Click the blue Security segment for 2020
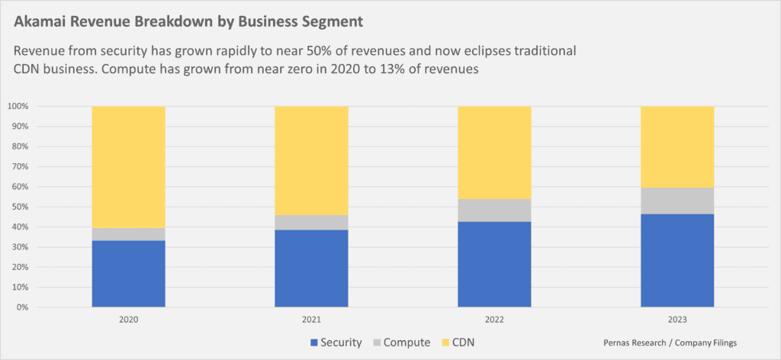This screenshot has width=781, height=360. coord(128,274)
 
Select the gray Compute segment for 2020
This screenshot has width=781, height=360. coord(128,234)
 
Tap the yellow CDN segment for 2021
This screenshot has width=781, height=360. coord(311,160)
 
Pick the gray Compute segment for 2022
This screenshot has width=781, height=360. coord(494,211)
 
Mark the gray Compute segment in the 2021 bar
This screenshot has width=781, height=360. coord(311,222)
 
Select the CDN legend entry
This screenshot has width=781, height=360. coord(459,342)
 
